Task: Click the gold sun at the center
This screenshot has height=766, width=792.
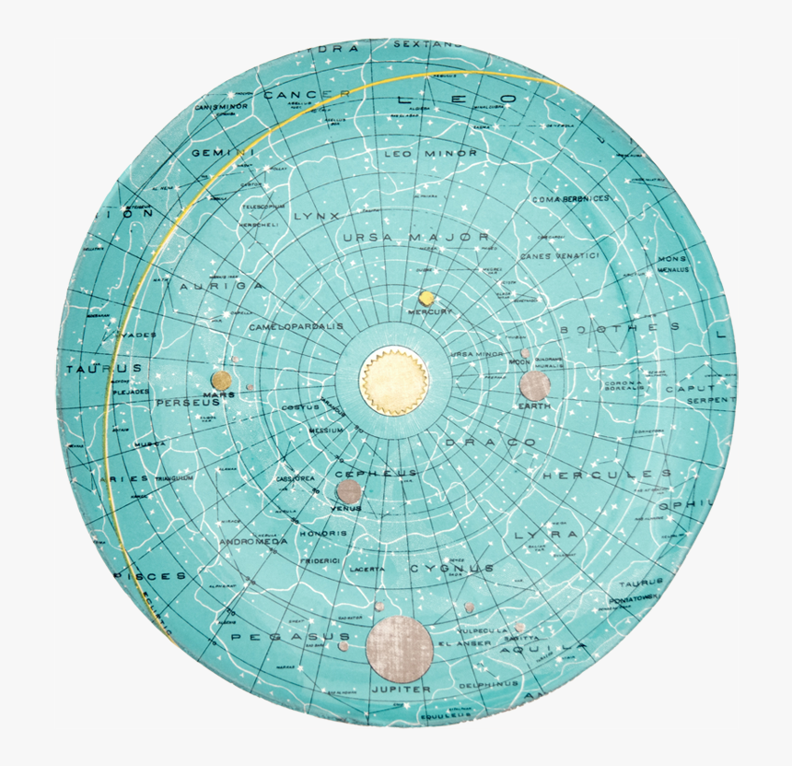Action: [x=394, y=381]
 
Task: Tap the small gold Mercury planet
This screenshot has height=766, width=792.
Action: [x=426, y=299]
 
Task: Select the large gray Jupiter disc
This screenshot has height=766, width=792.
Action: [x=399, y=645]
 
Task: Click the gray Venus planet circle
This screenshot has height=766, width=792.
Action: [x=348, y=490]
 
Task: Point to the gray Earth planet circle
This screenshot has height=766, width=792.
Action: [x=534, y=385]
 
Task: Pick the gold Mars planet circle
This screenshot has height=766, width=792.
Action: [x=220, y=380]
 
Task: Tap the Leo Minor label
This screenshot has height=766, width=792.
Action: [x=431, y=153]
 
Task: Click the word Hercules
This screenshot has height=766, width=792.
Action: [x=606, y=475]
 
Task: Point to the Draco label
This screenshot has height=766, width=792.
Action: [x=491, y=443]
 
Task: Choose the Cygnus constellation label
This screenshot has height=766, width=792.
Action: [x=452, y=569]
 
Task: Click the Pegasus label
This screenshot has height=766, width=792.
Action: [x=290, y=637]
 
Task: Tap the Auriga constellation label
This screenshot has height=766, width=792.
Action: [x=221, y=287]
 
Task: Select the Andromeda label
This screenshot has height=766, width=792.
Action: [x=253, y=542]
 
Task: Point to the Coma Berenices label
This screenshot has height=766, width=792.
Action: [x=571, y=198]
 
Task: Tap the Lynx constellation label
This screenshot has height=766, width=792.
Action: [x=317, y=217]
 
